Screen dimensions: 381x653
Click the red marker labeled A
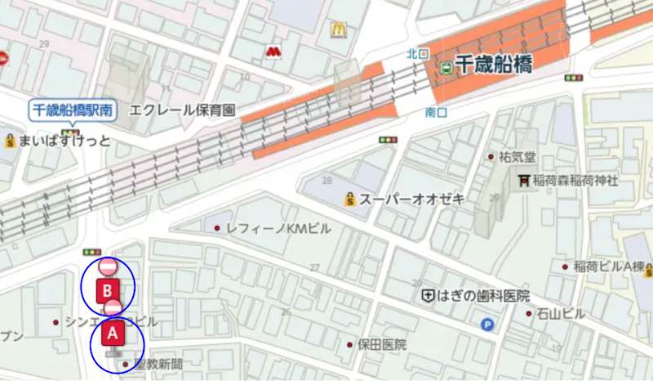[x=113, y=334]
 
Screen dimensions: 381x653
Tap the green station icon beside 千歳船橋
[x=446, y=67]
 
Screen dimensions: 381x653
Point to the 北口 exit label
[x=417, y=54]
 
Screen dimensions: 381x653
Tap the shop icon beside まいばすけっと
[x=11, y=140]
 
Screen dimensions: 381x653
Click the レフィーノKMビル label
[x=278, y=228]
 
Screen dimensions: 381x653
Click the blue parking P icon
[x=488, y=325]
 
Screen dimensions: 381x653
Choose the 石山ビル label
[x=561, y=313]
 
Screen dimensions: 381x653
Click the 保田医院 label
[x=383, y=345]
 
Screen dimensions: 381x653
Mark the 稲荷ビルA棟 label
[x=608, y=267]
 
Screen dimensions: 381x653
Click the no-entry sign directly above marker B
[x=107, y=267]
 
